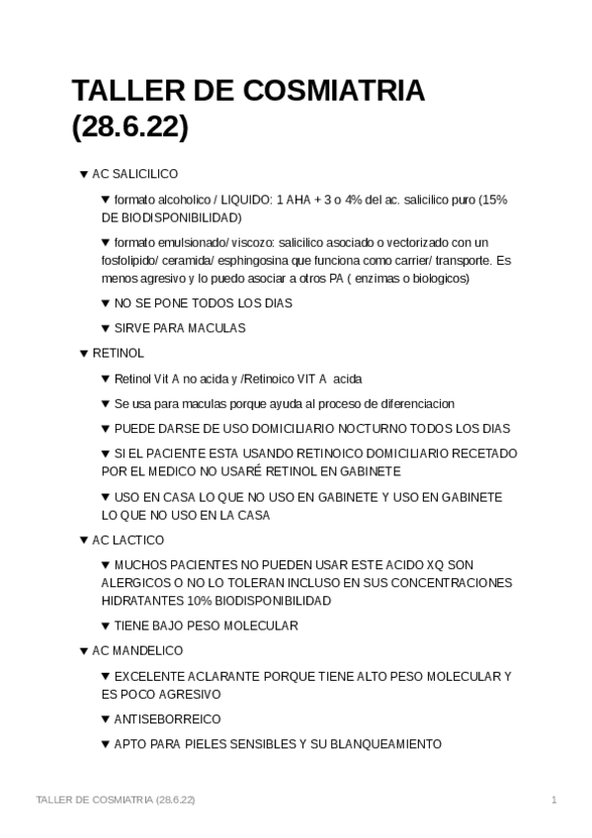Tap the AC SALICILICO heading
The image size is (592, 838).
click(x=134, y=174)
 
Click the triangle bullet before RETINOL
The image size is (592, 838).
click(x=83, y=353)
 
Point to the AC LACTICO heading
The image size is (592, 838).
click(x=127, y=541)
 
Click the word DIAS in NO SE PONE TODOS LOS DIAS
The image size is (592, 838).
click(x=275, y=303)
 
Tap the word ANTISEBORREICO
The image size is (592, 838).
click(x=167, y=719)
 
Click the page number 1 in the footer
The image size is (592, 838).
click(x=554, y=798)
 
